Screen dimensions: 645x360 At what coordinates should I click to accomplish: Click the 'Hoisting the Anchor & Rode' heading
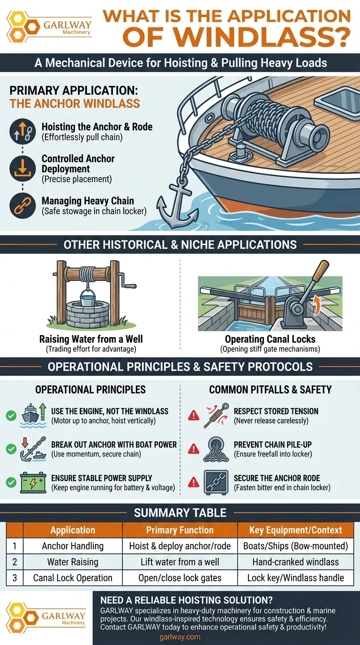click(97, 127)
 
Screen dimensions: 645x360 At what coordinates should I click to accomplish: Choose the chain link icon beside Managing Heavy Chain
click(22, 206)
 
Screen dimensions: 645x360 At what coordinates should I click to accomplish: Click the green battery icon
click(33, 482)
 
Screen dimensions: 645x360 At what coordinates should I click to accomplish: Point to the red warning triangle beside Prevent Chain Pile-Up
click(193, 449)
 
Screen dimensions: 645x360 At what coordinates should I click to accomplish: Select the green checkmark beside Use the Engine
click(11, 415)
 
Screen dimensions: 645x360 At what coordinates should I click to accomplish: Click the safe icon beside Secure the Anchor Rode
click(216, 482)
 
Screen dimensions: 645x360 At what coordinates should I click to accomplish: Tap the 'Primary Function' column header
click(180, 530)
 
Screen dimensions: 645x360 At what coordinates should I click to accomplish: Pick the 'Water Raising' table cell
click(73, 562)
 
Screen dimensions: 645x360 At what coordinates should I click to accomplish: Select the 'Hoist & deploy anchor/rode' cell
click(180, 546)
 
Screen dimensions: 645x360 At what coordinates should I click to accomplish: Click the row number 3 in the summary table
click(15, 577)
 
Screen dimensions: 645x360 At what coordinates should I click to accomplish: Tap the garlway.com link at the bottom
click(180, 637)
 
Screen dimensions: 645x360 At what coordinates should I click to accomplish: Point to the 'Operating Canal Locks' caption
click(270, 339)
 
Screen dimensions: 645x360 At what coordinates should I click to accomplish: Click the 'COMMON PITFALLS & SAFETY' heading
click(270, 390)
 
